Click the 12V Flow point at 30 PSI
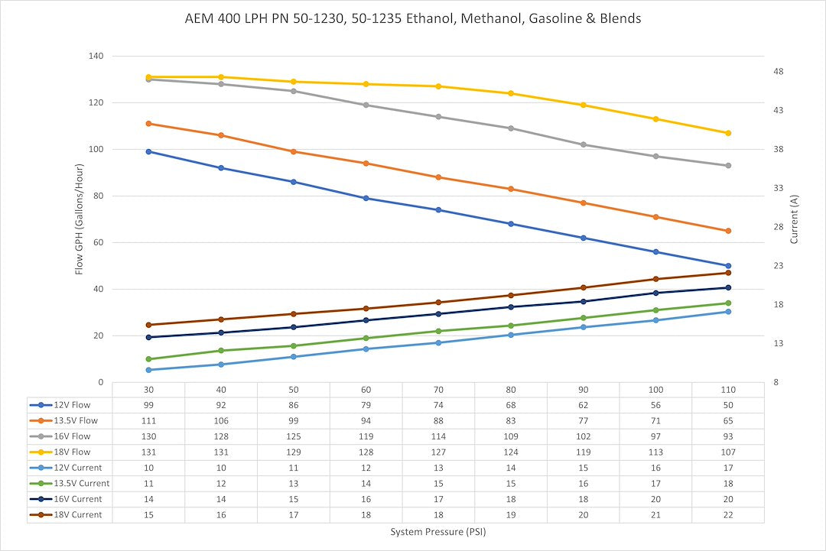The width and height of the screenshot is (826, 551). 148,151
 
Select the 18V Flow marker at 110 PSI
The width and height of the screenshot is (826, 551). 728,133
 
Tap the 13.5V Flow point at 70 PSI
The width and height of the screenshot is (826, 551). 438,177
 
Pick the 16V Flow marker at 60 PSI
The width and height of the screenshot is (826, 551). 366,105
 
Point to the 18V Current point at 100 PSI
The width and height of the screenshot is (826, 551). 655,279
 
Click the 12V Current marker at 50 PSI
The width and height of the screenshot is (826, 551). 294,357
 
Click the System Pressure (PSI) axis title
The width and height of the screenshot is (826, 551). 438,532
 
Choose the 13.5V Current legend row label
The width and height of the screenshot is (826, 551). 80,483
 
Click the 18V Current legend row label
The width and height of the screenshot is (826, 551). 76,514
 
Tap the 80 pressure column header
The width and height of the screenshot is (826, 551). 511,390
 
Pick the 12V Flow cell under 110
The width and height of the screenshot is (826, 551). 727,405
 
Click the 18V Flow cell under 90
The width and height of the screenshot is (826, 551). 583,452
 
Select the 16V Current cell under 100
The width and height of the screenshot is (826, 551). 655,499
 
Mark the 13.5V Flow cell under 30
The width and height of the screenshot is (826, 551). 148,420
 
